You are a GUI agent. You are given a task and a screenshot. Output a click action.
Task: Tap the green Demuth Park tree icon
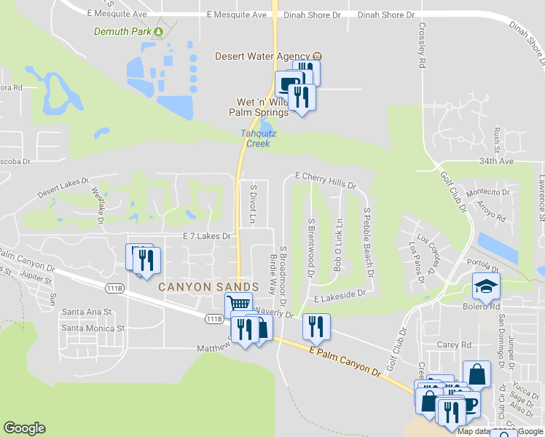(158, 31)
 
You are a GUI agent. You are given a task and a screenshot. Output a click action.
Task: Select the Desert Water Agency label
(263, 56)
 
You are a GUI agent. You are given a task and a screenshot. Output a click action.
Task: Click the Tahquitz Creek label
(256, 138)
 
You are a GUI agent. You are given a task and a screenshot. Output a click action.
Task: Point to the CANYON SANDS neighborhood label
(209, 287)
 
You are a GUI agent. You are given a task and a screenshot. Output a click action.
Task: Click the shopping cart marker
(238, 304)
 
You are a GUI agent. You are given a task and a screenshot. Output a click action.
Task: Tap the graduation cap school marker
(486, 286)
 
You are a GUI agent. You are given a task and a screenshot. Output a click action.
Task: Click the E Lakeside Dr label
(340, 296)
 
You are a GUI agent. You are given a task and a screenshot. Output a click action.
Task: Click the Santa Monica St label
(93, 328)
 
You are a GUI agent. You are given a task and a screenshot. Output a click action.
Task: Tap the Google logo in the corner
(24, 428)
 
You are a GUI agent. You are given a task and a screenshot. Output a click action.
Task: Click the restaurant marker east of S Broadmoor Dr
(316, 326)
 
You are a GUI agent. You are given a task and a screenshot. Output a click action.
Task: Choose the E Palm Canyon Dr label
(345, 363)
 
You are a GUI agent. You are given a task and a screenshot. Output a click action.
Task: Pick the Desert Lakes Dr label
(63, 188)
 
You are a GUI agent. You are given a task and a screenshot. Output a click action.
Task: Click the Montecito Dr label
(487, 192)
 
